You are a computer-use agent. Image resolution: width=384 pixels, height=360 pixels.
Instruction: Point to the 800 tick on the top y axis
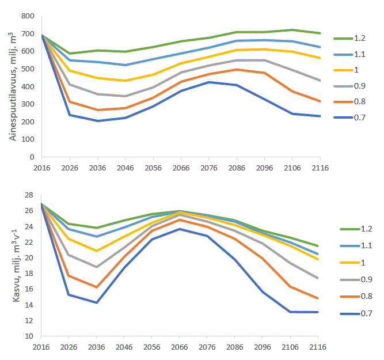coord(29,16)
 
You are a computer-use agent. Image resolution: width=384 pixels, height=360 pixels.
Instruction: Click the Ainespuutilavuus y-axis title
coord(11,86)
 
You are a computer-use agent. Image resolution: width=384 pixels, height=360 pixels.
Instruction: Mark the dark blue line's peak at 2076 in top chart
coord(208,82)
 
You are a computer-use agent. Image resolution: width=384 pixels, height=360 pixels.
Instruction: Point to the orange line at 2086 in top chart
coord(236,69)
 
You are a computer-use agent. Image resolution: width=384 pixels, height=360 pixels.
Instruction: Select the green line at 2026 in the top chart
coord(69,54)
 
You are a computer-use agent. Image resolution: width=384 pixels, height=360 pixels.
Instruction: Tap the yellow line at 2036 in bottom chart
coord(97,251)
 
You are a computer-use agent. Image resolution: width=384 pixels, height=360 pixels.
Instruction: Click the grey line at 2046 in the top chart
coord(125,96)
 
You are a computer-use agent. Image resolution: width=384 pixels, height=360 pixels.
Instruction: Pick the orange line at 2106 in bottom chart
coord(292,286)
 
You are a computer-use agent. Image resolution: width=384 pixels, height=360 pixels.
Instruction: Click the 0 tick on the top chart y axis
coord(33,157)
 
